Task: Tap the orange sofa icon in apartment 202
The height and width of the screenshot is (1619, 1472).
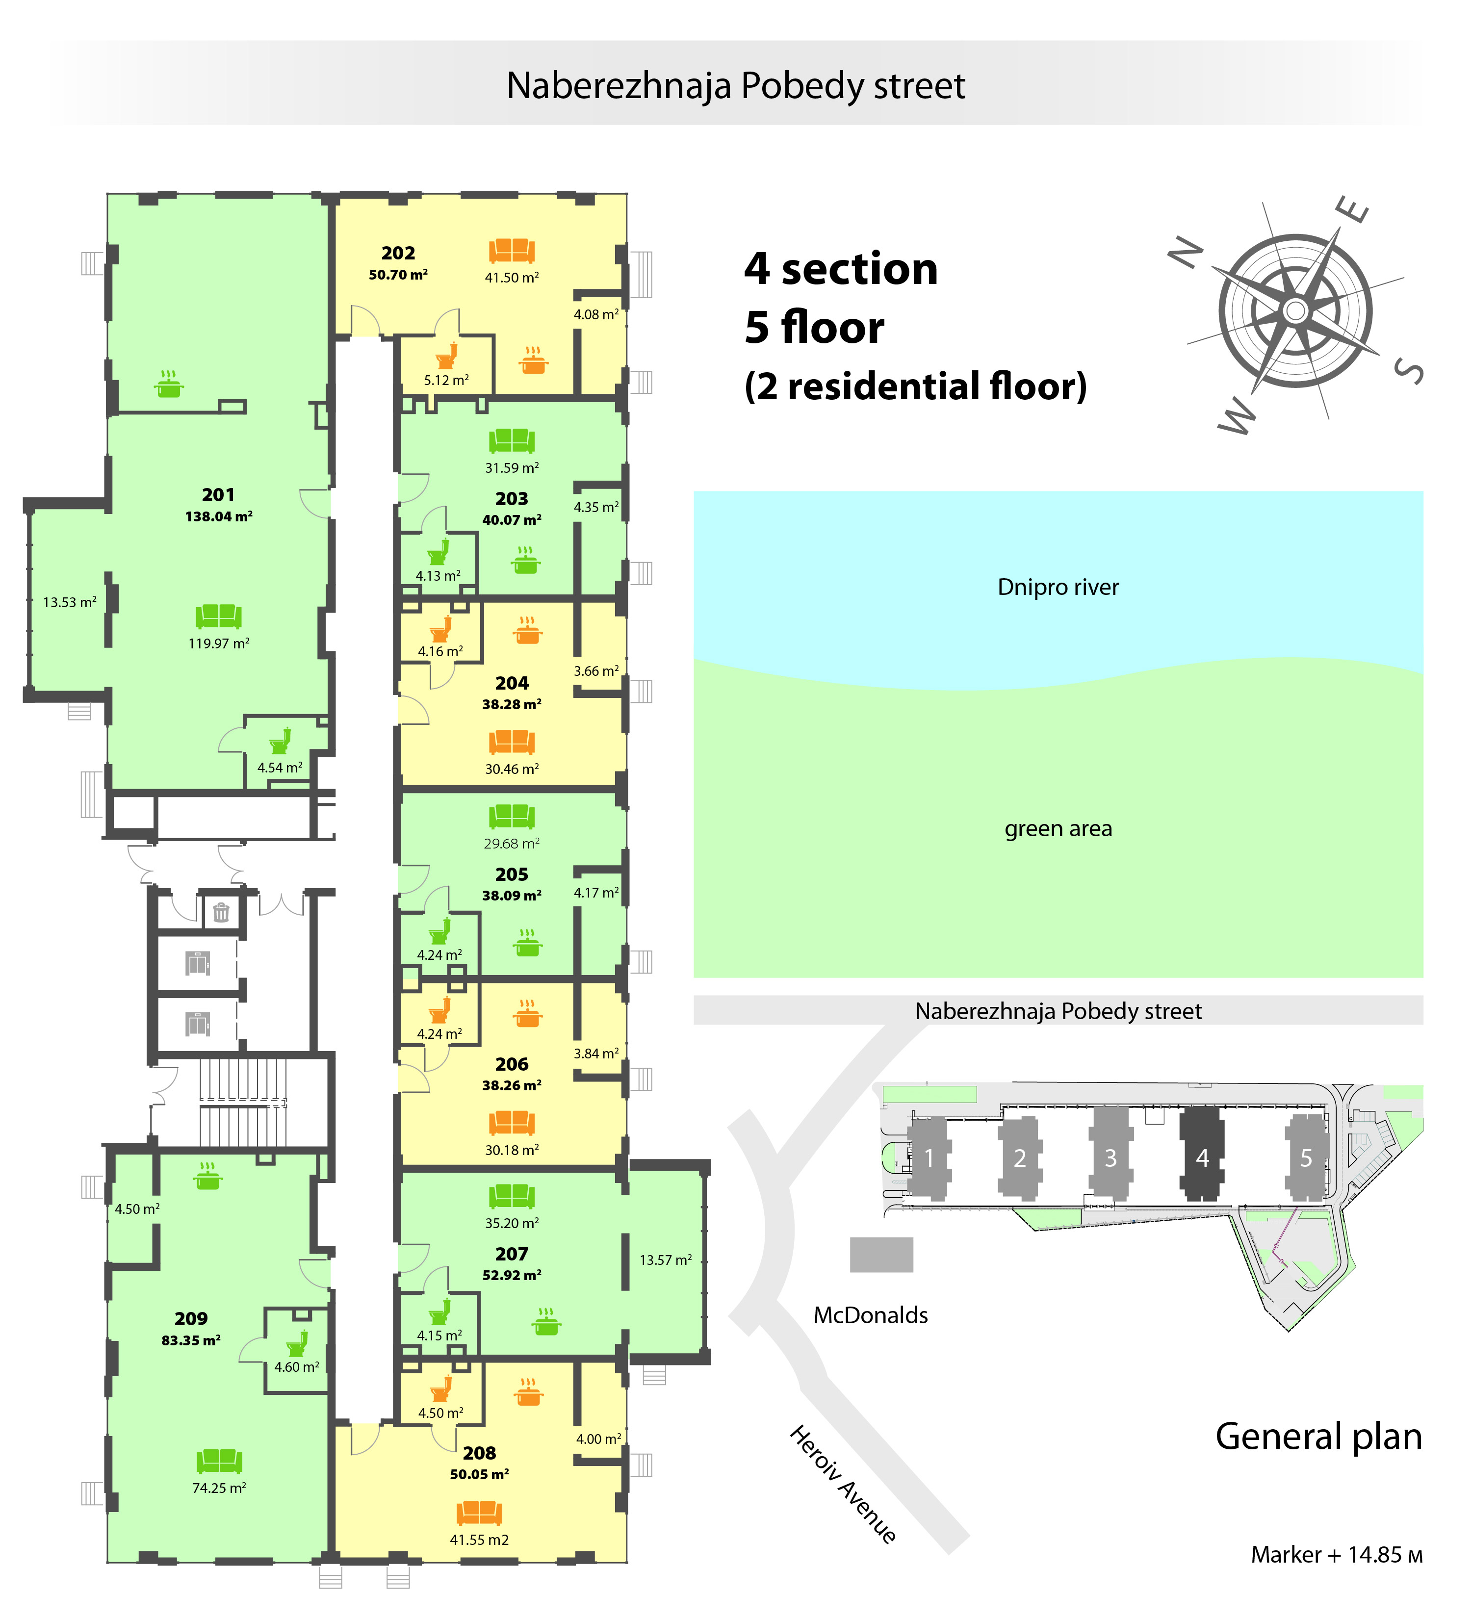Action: (512, 251)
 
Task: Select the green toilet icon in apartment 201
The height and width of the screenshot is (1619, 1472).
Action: (280, 741)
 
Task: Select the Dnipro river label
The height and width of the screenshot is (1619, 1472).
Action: (1058, 587)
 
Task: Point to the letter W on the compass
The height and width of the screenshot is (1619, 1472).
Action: (1237, 416)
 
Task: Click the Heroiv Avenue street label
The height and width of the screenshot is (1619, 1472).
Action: (843, 1484)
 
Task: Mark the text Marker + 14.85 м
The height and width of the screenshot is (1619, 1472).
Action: (1336, 1555)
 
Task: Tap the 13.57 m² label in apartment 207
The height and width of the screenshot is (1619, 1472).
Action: (665, 1260)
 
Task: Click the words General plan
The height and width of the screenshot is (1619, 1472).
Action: (1318, 1436)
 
